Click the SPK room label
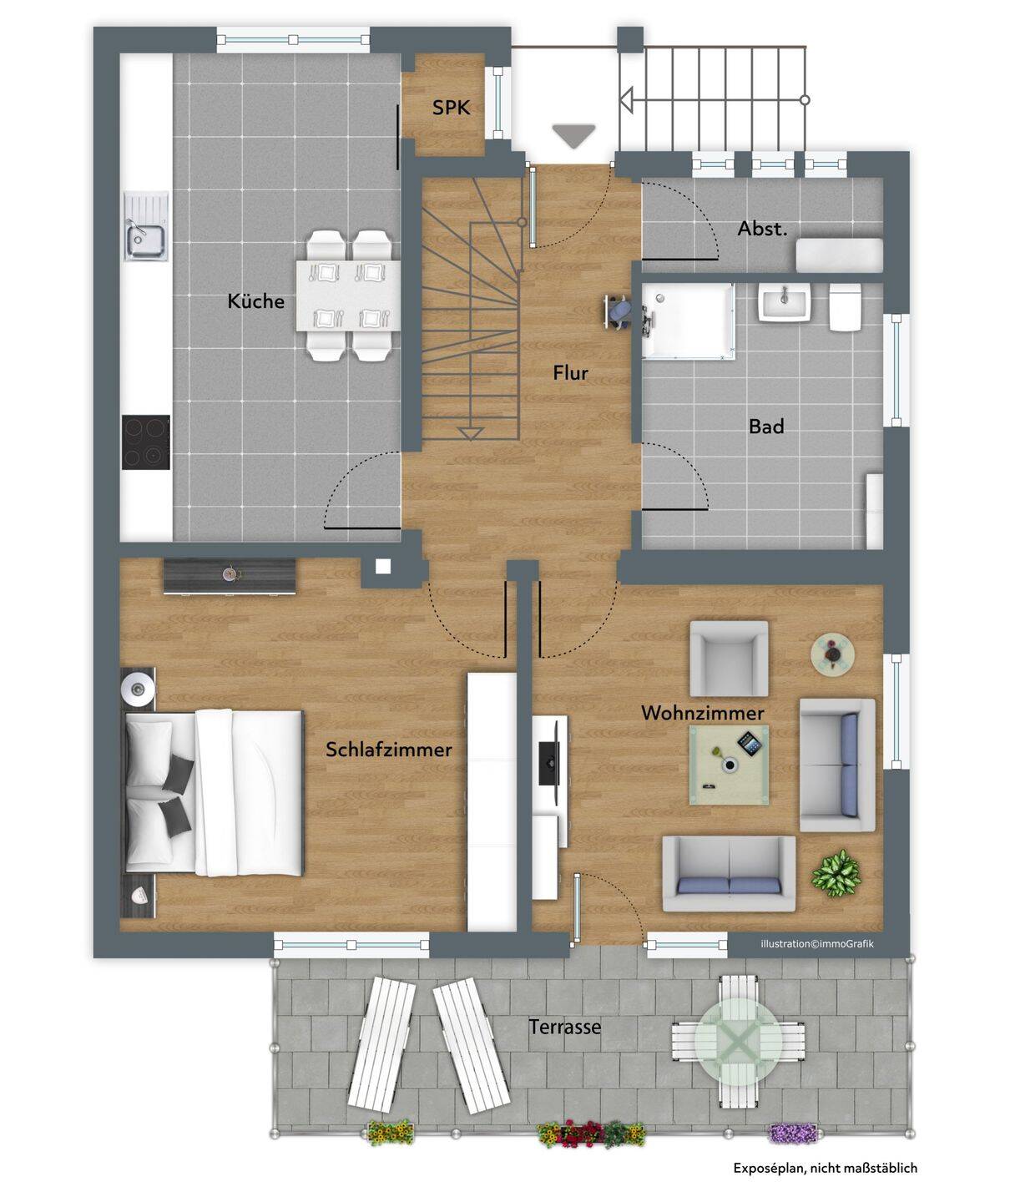[451, 108]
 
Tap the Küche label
[255, 300]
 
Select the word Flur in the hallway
[570, 373]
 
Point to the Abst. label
[762, 229]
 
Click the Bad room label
[766, 426]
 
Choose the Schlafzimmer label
[388, 749]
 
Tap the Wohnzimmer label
[703, 713]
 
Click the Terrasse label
[564, 1027]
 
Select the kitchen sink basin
[146, 240]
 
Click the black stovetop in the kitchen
[146, 442]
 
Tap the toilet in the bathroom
[845, 307]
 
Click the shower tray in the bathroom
[688, 321]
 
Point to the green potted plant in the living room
[836, 873]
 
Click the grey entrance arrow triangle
[573, 136]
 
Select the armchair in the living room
[729, 658]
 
